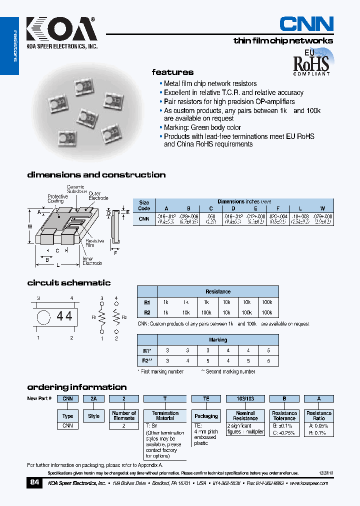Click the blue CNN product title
[x=306, y=24]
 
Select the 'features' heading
[x=172, y=72]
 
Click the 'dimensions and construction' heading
[x=96, y=174]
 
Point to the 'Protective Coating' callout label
[x=57, y=199]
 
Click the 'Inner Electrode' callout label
[x=92, y=261]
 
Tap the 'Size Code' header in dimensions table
[x=144, y=205]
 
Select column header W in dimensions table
[x=322, y=208]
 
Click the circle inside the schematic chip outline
[x=44, y=316]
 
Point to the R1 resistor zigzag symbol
[x=102, y=316]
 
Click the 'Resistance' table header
[x=217, y=291]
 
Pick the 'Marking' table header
[x=217, y=340]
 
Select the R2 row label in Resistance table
[x=147, y=312]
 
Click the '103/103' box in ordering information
[x=245, y=399]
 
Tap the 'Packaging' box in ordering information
[x=206, y=416]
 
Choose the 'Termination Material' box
[x=165, y=416]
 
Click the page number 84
[x=34, y=482]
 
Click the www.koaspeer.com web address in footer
[x=308, y=483]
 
